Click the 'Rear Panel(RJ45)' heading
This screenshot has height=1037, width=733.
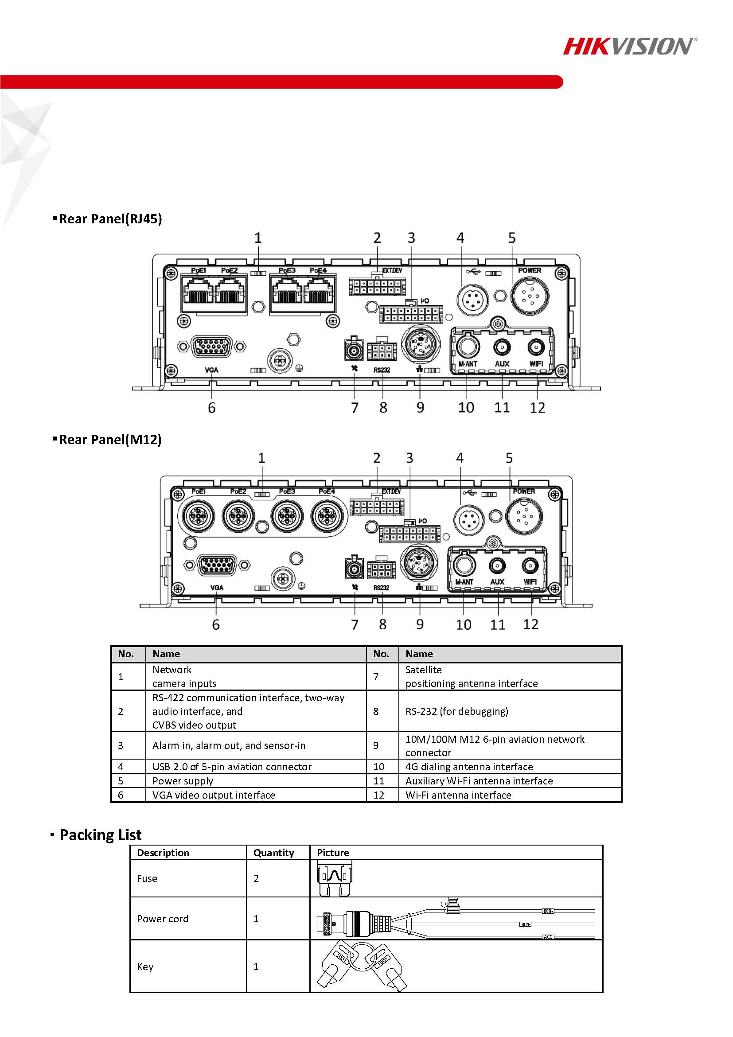click(x=110, y=219)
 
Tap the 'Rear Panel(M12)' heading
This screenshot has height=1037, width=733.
click(x=110, y=440)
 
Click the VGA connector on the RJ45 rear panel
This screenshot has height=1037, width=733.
click(x=212, y=347)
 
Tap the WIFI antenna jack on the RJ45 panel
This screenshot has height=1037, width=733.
click(x=536, y=347)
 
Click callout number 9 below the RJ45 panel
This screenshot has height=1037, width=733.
click(x=420, y=407)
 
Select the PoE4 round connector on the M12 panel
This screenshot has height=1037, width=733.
click(x=327, y=516)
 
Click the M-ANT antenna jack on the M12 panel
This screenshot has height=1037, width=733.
click(x=464, y=565)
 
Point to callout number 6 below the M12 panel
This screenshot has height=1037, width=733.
click(x=216, y=625)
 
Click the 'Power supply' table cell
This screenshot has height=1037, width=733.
click(x=183, y=781)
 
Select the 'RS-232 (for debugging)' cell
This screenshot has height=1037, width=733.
click(x=456, y=711)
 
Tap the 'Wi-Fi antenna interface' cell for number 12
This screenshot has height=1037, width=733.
click(x=458, y=795)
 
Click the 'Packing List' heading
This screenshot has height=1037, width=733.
click(x=100, y=834)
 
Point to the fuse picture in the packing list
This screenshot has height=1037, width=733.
click(x=334, y=877)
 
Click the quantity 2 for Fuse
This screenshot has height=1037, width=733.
click(x=256, y=878)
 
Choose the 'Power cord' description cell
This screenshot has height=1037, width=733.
click(x=163, y=919)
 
